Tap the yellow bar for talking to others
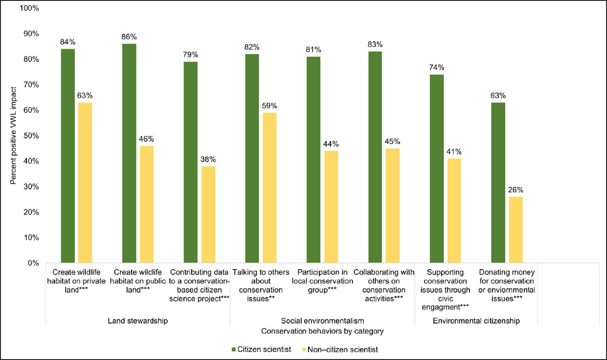tap(270, 188)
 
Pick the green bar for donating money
tap(498, 183)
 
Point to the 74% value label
tap(437, 67)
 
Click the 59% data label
tap(270, 106)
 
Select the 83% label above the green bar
tap(375, 44)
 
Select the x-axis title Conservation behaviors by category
tap(322, 331)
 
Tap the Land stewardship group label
tap(138, 321)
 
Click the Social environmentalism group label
tap(322, 321)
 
